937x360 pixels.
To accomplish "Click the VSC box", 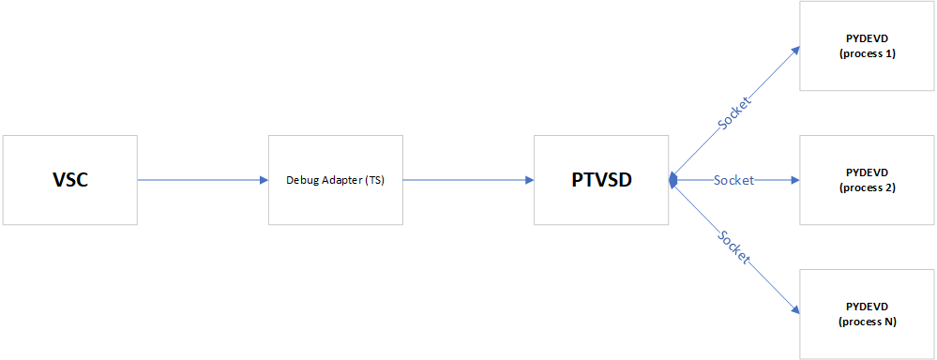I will point(69,180).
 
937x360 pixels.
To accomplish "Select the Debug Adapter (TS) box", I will point(335,180).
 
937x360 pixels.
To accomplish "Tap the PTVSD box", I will point(601,180).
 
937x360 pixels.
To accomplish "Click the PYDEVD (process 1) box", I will point(867,46).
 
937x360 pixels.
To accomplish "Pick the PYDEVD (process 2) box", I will point(867,180).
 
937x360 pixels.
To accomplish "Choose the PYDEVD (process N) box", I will point(867,314).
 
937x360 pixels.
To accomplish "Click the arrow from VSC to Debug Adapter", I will point(202,180).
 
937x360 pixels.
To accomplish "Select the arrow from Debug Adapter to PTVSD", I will point(467,180).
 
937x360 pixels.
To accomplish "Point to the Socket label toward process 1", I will point(734,110).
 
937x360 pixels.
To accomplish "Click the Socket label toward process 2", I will point(733,180).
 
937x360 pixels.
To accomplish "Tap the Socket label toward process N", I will point(734,247).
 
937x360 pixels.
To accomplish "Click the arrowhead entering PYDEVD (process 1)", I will point(794,51).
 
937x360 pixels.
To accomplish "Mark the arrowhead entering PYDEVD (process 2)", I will point(794,180).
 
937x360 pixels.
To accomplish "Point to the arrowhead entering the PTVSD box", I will point(528,180).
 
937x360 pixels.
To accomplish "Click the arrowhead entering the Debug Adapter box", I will point(263,180).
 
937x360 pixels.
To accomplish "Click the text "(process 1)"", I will point(867,53).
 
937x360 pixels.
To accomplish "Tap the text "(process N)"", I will point(867,322).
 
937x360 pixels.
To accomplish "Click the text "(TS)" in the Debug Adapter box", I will point(375,180).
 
